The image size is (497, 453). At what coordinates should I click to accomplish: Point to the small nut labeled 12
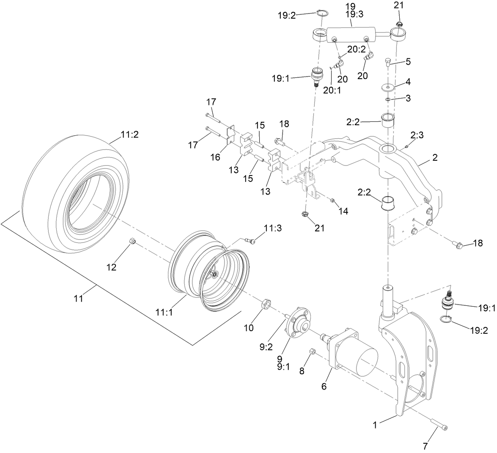click(x=132, y=242)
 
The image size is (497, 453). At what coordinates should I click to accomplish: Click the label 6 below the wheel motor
click(x=324, y=386)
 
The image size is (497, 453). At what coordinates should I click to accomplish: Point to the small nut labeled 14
click(x=332, y=199)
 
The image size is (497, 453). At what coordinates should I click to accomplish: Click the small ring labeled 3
click(x=387, y=99)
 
